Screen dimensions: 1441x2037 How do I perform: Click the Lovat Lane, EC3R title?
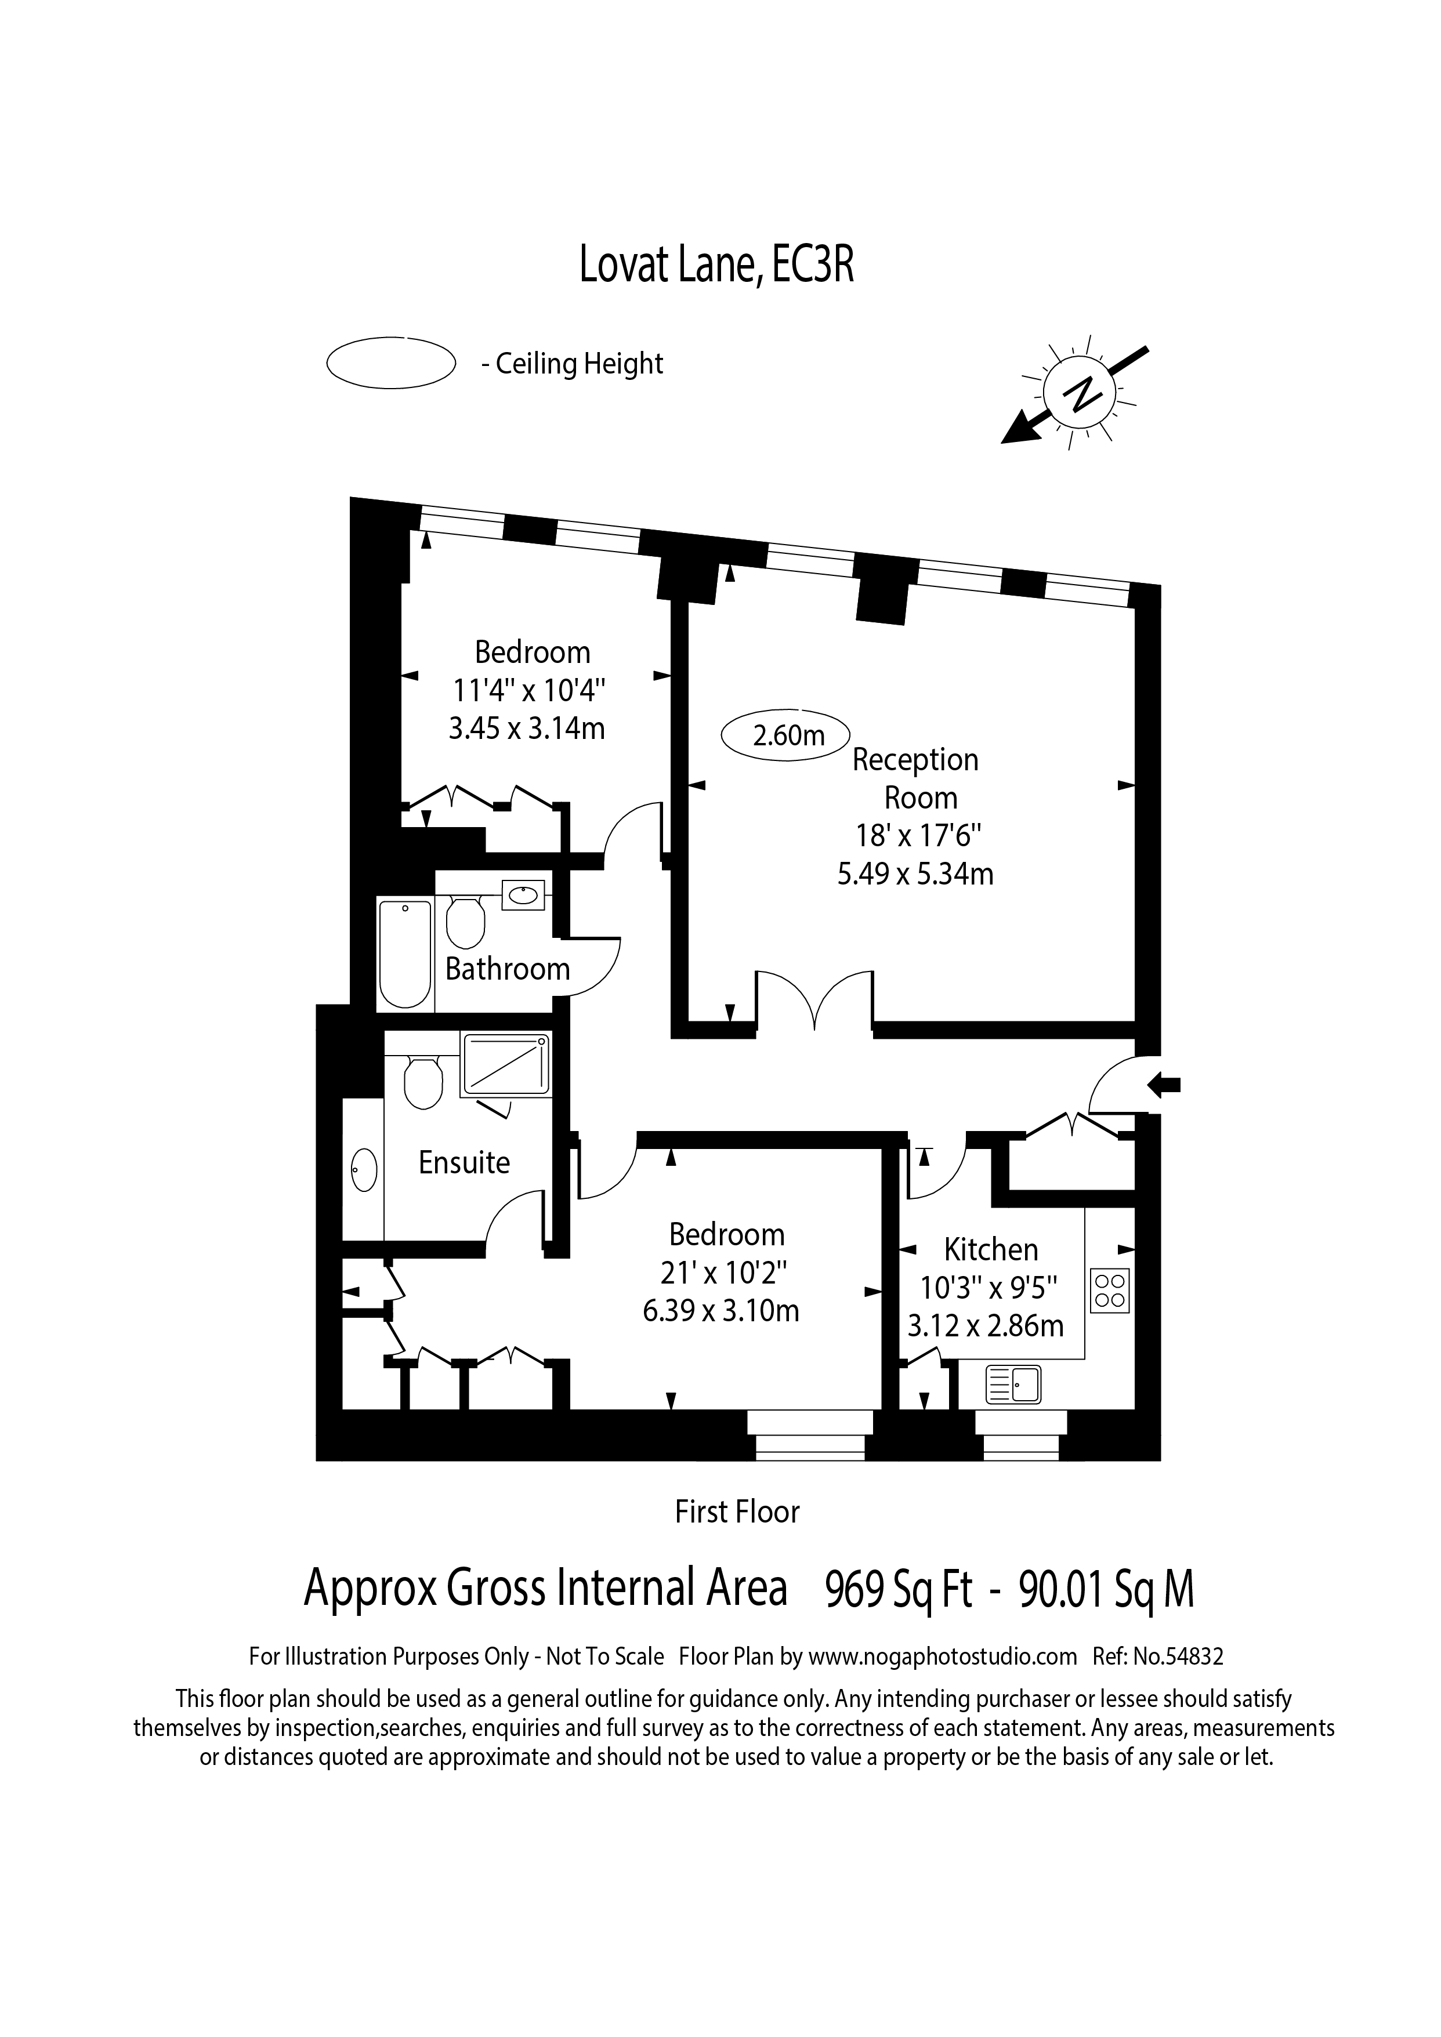(717, 264)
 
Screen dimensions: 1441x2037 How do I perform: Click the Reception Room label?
(916, 778)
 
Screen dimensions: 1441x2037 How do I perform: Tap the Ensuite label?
(464, 1162)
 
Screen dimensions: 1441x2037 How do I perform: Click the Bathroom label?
(508, 968)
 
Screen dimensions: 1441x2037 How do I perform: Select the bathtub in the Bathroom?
(405, 953)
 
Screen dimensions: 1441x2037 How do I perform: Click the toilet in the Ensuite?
(422, 1082)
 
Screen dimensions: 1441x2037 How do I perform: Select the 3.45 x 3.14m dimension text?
(527, 728)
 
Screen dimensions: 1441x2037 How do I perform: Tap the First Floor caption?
(737, 1512)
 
